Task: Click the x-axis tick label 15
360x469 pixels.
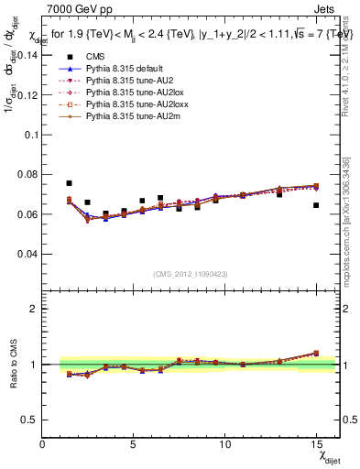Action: (316, 443)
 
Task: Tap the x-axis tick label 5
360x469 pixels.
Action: (134, 443)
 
